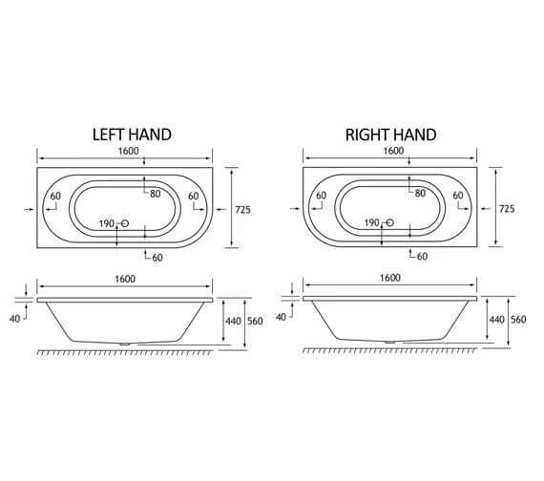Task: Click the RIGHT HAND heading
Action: [x=390, y=135]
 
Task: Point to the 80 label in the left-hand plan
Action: [x=155, y=194]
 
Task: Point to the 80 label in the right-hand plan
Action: [x=419, y=194]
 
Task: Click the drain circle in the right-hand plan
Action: [x=387, y=225]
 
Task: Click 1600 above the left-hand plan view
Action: [x=126, y=153]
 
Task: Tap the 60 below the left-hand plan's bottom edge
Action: [x=155, y=256]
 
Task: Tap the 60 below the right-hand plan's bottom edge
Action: [x=420, y=256]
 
